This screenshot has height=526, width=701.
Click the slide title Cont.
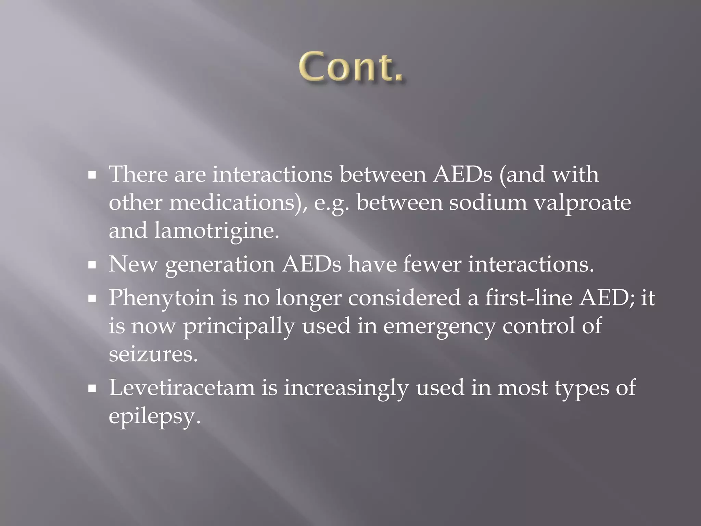point(351,67)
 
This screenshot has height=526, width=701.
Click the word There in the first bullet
point(138,174)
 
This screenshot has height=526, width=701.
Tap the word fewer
point(432,265)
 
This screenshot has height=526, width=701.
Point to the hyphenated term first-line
point(528,298)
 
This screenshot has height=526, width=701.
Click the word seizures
point(153,354)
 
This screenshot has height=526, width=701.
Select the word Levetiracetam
point(182,388)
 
